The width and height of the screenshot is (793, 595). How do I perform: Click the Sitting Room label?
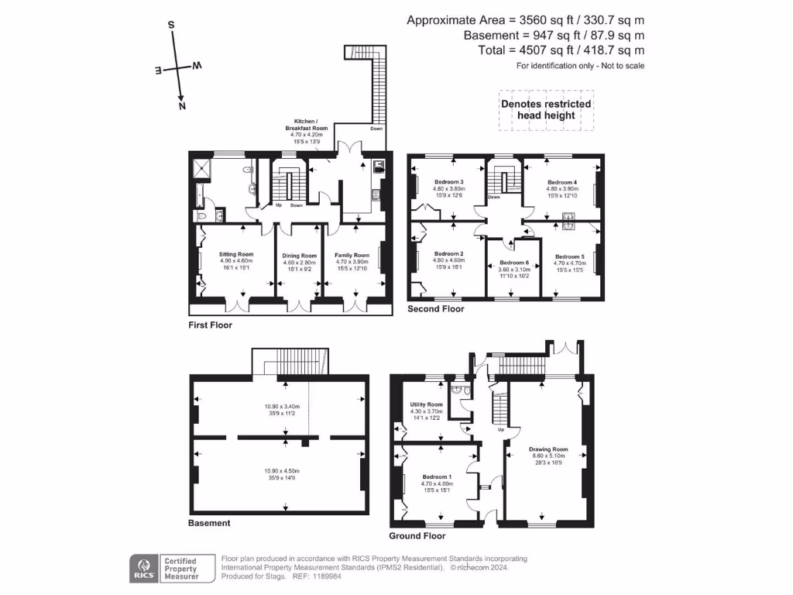pyautogui.click(x=236, y=254)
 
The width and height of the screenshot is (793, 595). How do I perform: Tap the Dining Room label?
pyautogui.click(x=299, y=256)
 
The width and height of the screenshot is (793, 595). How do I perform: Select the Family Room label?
pyautogui.click(x=352, y=254)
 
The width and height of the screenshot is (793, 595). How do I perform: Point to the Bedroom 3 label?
pyautogui.click(x=448, y=181)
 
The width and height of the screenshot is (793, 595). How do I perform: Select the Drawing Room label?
pyautogui.click(x=548, y=449)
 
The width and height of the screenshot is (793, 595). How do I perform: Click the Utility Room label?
pyautogui.click(x=426, y=404)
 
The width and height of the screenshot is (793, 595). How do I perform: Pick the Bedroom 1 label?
pyautogui.click(x=438, y=476)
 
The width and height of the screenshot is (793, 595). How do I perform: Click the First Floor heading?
pyautogui.click(x=210, y=325)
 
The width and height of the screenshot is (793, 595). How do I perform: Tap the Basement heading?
pyautogui.click(x=209, y=523)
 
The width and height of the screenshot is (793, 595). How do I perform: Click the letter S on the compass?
pyautogui.click(x=171, y=25)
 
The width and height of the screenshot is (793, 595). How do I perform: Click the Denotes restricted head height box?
pyautogui.click(x=546, y=109)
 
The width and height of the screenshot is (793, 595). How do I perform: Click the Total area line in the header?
pyautogui.click(x=561, y=50)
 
